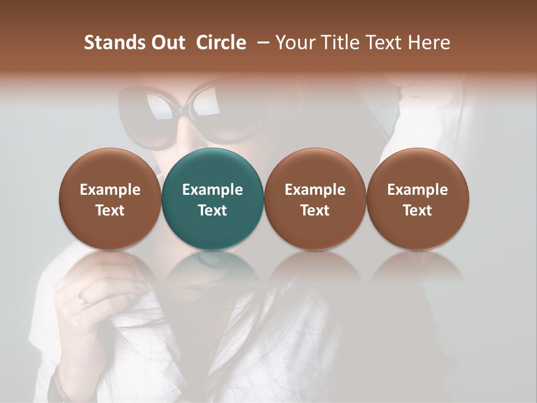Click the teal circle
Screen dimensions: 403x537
coord(213,199)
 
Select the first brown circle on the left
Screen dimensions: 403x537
coord(110,199)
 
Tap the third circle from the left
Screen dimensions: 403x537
coord(315,199)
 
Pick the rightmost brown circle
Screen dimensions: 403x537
coord(417,199)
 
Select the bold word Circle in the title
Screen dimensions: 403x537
coord(221,43)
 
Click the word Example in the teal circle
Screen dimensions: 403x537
coord(213,190)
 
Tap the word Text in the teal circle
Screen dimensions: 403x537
coord(213,210)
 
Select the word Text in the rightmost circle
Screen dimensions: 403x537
coord(417,210)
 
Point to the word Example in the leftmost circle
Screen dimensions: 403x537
coord(110,190)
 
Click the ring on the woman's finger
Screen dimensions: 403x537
coord(84,299)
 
